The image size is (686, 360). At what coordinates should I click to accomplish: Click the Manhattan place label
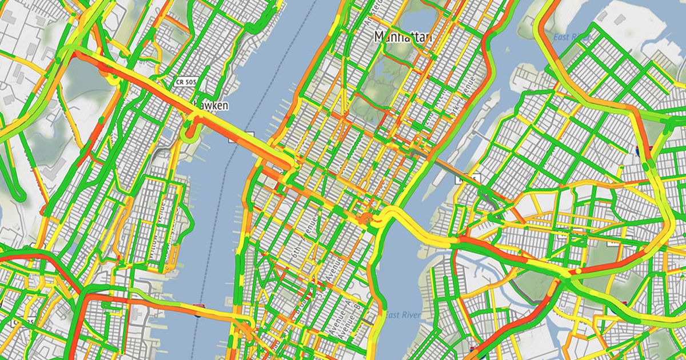403,37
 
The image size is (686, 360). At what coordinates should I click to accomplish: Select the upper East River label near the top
572,37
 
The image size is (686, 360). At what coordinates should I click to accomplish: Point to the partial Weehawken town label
213,106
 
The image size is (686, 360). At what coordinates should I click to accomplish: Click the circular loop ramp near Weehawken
188,132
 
